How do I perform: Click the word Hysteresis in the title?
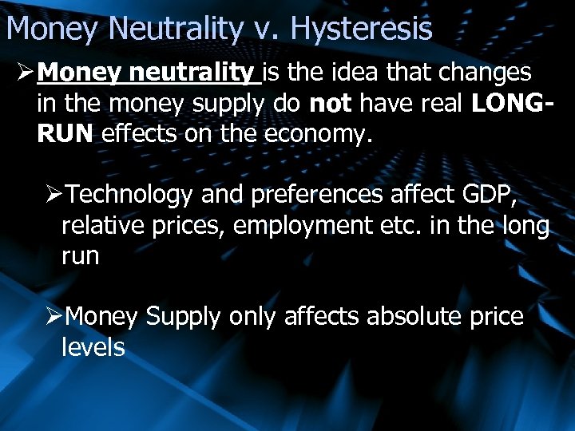tap(361, 30)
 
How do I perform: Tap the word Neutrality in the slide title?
tap(175, 29)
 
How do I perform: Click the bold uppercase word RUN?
tap(65, 134)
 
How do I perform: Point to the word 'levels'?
tap(93, 347)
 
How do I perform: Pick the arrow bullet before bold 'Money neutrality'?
tap(22, 73)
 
